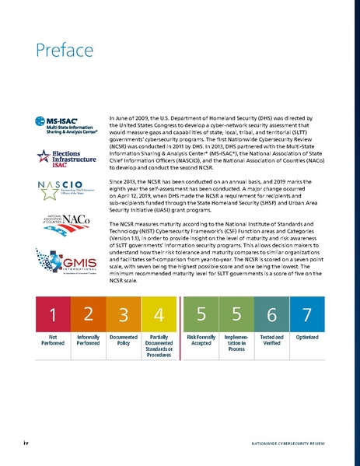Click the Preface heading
coord(57,51)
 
